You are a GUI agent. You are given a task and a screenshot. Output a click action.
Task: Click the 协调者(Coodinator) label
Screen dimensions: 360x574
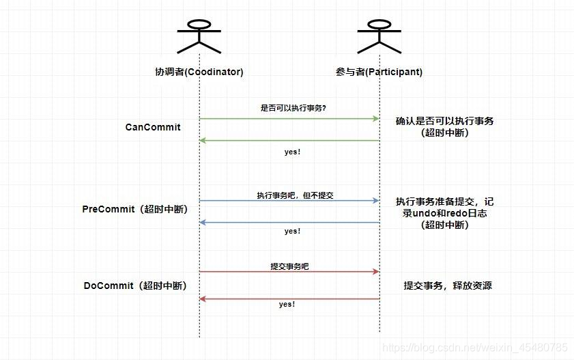(199, 72)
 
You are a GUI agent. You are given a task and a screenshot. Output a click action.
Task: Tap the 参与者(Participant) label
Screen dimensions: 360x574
(379, 72)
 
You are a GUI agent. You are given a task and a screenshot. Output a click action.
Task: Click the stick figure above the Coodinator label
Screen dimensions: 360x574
(199, 35)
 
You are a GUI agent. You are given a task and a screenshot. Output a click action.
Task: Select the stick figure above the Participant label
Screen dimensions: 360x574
(379, 35)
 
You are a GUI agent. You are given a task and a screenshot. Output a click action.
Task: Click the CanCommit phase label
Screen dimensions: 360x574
(153, 127)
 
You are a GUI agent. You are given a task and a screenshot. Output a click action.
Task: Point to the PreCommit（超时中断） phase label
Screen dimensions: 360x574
(134, 209)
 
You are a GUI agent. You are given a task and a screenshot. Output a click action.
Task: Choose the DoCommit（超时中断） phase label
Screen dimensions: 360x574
(135, 286)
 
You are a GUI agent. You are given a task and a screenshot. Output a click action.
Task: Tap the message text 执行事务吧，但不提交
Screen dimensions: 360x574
(295, 195)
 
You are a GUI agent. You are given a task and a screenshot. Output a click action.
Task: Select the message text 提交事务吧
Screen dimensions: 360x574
(289, 266)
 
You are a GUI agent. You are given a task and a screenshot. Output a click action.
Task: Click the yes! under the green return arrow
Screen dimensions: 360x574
(292, 152)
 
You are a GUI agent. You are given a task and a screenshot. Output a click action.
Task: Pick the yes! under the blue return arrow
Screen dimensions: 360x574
(292, 232)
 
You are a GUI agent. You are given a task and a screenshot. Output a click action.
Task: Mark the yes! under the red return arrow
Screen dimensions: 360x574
(287, 304)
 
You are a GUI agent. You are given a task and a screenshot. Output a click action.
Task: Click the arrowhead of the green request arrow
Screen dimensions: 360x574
(375, 119)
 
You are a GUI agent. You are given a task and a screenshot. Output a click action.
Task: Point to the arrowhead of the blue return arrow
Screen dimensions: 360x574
(203, 223)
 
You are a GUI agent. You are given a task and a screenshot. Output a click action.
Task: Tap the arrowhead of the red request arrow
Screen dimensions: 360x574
(375, 272)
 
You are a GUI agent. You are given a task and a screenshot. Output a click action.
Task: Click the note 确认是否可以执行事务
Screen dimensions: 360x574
(444, 121)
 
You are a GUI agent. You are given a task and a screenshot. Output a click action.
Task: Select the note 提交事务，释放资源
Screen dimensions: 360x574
(447, 286)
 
